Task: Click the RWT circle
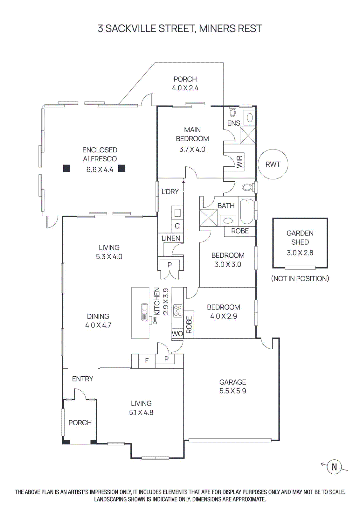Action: coord(273,164)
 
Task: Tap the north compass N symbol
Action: coord(334,467)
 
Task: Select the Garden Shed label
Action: coord(300,237)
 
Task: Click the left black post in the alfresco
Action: coord(66,168)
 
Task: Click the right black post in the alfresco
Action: coord(121,168)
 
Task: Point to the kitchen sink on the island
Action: coord(145,311)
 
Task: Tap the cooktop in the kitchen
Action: coord(178,311)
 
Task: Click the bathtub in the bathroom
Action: coord(246,211)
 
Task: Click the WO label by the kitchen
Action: coord(177,334)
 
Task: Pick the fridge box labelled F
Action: coord(147,361)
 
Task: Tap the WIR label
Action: coord(239,162)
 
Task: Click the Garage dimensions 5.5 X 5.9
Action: coord(232,391)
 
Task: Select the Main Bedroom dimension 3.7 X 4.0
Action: coord(192,149)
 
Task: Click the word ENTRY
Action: coord(82,379)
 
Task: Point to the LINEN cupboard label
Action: coord(170,238)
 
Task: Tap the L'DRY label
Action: coord(170,192)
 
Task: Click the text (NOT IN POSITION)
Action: coord(300,278)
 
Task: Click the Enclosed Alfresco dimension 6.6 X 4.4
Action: coord(100,169)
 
